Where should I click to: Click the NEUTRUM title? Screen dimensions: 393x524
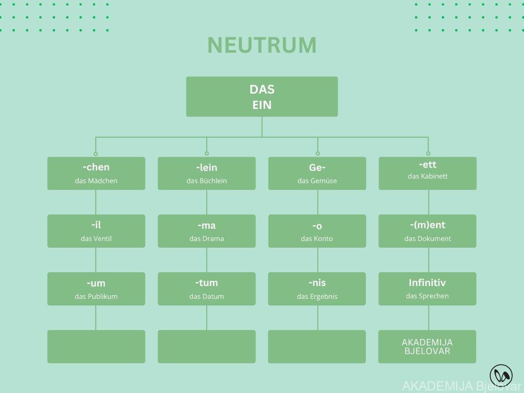click(x=262, y=45)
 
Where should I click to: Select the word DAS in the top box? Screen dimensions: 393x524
click(x=262, y=90)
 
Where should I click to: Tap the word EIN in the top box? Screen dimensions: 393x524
click(x=262, y=105)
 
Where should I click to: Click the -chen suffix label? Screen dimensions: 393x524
click(x=96, y=167)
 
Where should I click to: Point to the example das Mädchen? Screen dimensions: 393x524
click(x=96, y=181)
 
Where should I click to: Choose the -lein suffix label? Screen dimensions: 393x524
click(x=207, y=167)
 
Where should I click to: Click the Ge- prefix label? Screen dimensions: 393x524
click(x=317, y=167)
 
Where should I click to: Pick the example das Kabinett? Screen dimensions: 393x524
click(x=428, y=176)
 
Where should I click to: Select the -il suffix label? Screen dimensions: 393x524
click(x=96, y=225)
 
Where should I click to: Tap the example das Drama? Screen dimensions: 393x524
click(x=207, y=238)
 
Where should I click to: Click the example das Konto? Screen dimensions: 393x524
click(x=317, y=238)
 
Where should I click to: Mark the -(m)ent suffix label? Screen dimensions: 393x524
click(x=428, y=225)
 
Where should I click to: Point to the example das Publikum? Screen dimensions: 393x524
click(x=96, y=296)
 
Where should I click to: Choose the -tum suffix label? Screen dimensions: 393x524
click(x=207, y=282)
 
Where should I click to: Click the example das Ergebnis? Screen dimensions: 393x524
click(x=317, y=296)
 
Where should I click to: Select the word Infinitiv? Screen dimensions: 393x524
click(x=427, y=282)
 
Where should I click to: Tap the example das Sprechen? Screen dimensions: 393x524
click(x=427, y=296)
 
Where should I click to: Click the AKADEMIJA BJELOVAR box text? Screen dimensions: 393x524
click(x=427, y=346)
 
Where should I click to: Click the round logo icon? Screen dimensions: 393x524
click(x=501, y=375)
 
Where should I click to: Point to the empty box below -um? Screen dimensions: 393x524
click(x=96, y=346)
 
